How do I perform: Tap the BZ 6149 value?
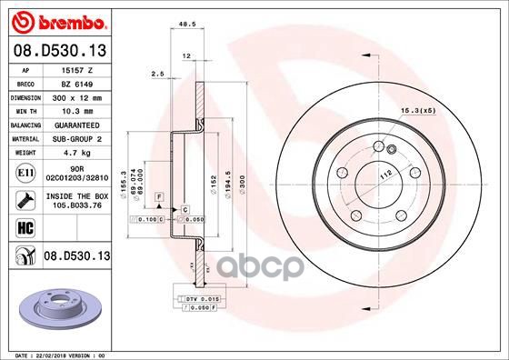[x=73, y=82]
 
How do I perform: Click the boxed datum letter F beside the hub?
[x=159, y=197]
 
